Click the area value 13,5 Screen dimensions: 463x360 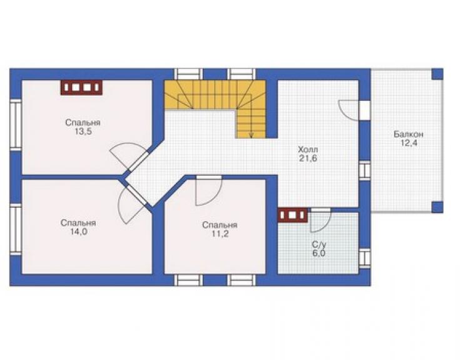pos(83,132)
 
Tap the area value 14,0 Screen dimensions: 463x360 pos(79,232)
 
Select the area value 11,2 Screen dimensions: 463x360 pos(220,234)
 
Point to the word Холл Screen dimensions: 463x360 pos(308,149)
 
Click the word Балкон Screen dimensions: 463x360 pos(408,134)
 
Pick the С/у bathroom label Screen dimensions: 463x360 pos(319,245)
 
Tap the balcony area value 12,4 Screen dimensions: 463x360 pos(408,143)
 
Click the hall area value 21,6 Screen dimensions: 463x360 pos(308,158)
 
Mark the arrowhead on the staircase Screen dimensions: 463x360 pos(251,136)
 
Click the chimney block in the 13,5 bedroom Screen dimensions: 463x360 pos(81,88)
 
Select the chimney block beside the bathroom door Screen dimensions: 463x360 pos(293,215)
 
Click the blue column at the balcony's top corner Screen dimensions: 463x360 pos(437,74)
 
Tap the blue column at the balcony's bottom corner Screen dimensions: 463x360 pos(437,207)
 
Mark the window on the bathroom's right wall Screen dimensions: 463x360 pos(365,259)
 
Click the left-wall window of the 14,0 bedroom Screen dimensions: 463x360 pos(16,229)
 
